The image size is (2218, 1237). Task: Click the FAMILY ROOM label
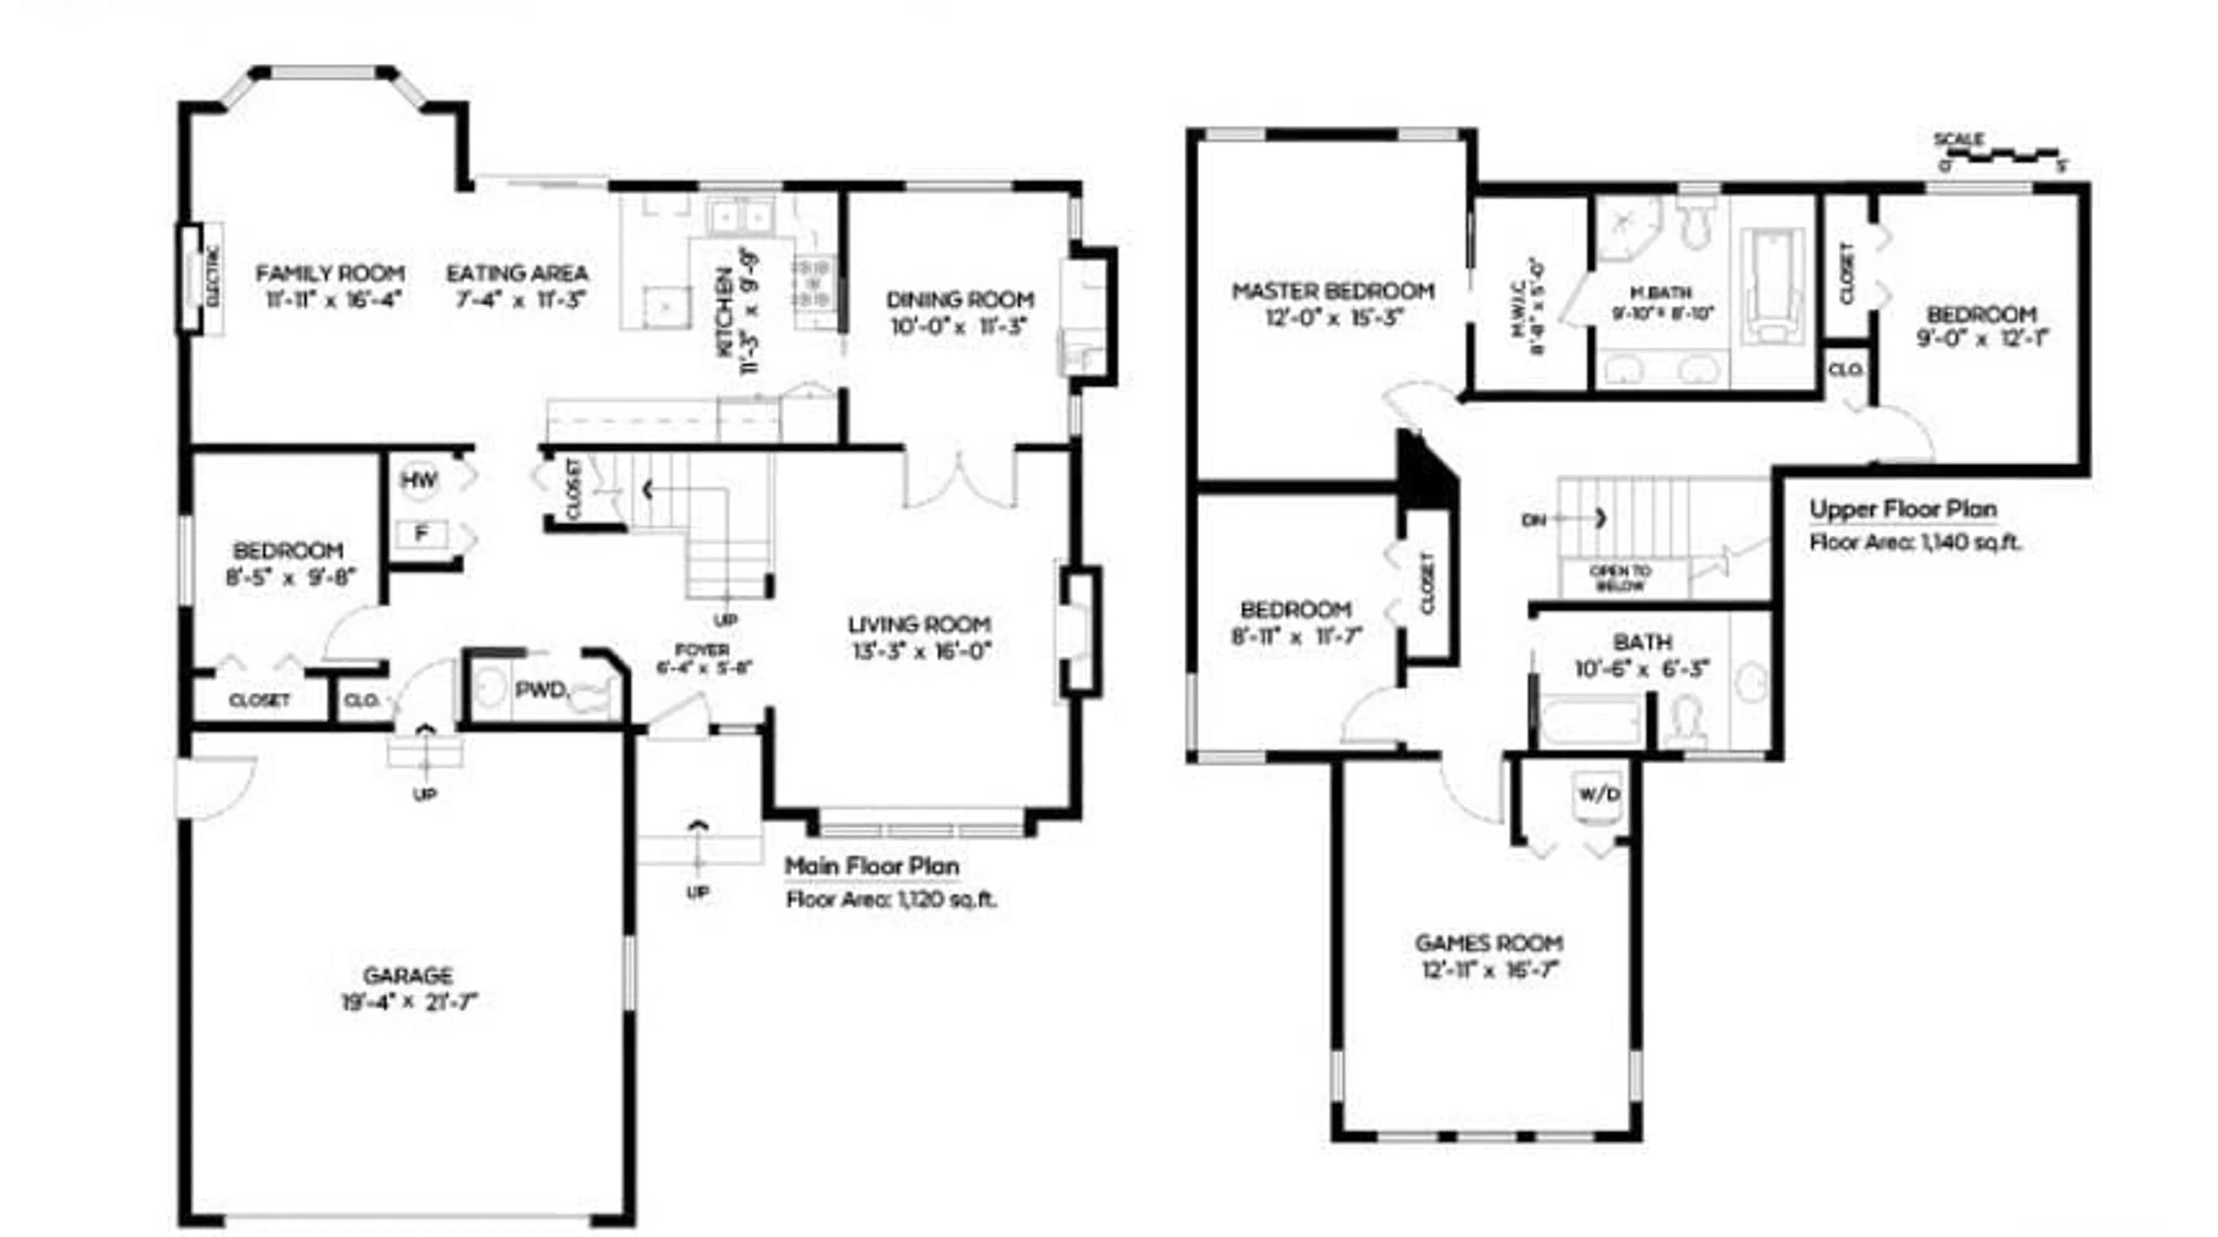pos(330,273)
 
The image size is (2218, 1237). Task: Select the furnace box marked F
pos(421,534)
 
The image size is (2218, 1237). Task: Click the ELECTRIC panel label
pos(213,277)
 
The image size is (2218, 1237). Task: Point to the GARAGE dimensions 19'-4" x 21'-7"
pos(409,1002)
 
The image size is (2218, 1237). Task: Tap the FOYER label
pos(702,649)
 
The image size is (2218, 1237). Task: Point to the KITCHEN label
pos(726,312)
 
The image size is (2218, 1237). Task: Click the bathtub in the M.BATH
pos(1771,284)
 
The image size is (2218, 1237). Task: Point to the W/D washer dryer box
pos(1599,794)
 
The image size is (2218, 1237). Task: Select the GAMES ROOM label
pos(1488,943)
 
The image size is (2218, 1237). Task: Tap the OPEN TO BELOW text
pos(1620,578)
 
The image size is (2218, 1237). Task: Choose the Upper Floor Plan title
pos(1903,509)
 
